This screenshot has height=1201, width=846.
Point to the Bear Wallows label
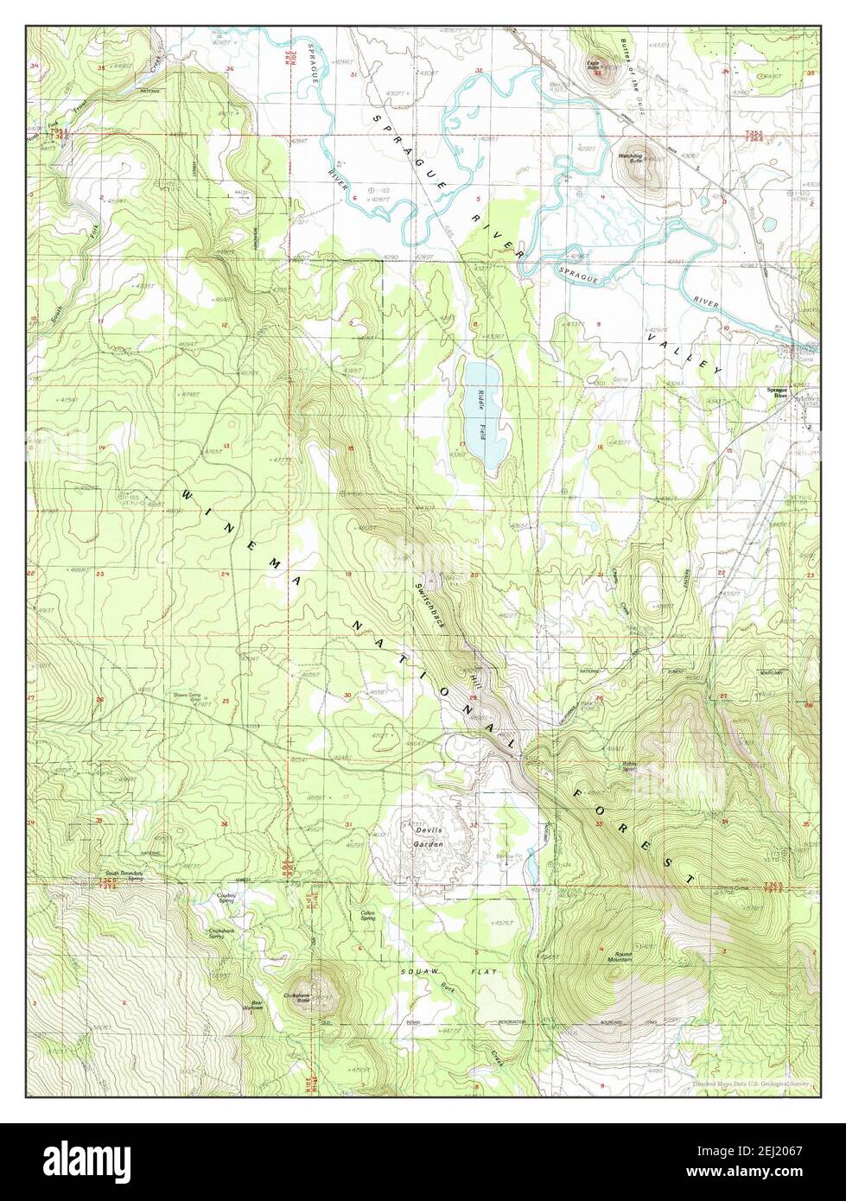click(251, 1006)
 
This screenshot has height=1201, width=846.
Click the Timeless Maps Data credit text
click(750, 1081)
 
